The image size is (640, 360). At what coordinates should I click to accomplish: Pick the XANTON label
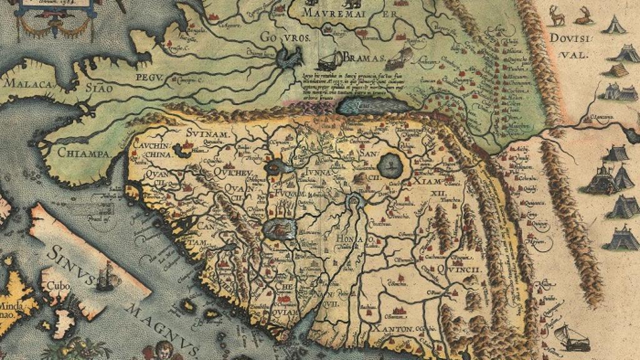click(394, 329)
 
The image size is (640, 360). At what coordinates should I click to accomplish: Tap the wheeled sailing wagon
click(571, 338)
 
